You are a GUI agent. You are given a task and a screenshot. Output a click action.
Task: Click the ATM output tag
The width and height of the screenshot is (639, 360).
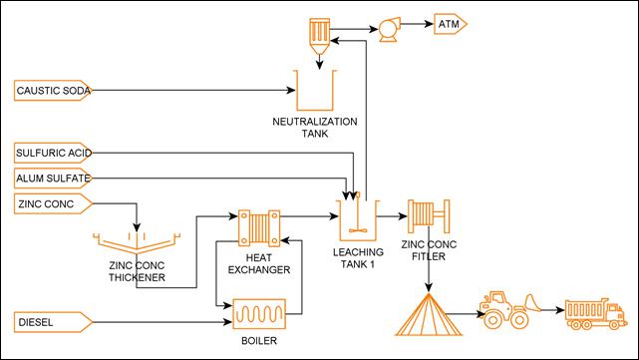[x=448, y=22]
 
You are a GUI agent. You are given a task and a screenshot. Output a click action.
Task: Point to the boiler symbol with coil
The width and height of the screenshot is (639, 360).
[x=257, y=316]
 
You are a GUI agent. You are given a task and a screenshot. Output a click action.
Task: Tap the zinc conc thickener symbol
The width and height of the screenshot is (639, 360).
[x=138, y=243]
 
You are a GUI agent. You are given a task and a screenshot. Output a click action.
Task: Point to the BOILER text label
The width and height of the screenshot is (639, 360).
[x=257, y=341]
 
